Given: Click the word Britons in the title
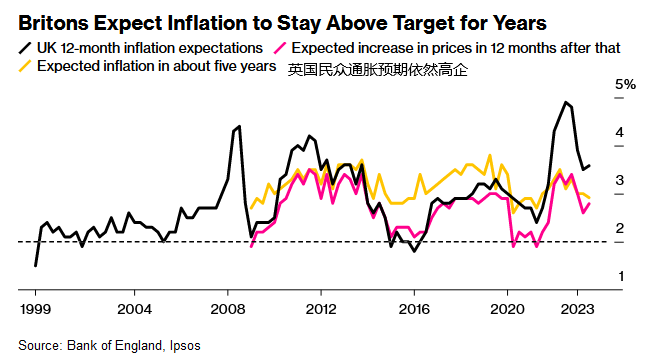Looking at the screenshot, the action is (53, 23).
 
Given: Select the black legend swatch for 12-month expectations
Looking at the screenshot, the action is (25, 48).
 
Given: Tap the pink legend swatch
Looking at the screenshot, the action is (279, 48).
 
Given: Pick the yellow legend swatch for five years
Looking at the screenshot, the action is (25, 66).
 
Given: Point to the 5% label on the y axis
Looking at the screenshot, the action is (625, 84).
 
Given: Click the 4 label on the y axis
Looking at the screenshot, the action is (620, 132).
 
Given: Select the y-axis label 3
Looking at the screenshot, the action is (620, 180).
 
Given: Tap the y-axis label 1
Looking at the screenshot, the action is (621, 276).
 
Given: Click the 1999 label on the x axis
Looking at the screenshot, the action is (35, 309).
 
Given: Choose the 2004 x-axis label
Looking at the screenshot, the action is (135, 309).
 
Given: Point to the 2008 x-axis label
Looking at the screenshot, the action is (228, 309).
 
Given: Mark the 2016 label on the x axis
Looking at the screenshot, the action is (414, 309).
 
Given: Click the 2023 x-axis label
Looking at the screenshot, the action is (577, 309).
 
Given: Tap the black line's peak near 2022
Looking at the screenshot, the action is (565, 102).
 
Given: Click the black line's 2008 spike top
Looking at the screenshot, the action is (239, 126).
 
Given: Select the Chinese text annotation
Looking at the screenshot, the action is (378, 70).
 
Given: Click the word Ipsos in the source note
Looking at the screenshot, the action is (185, 346).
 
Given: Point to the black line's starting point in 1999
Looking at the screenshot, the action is (36, 265).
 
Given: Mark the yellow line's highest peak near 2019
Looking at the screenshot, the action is (490, 156).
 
